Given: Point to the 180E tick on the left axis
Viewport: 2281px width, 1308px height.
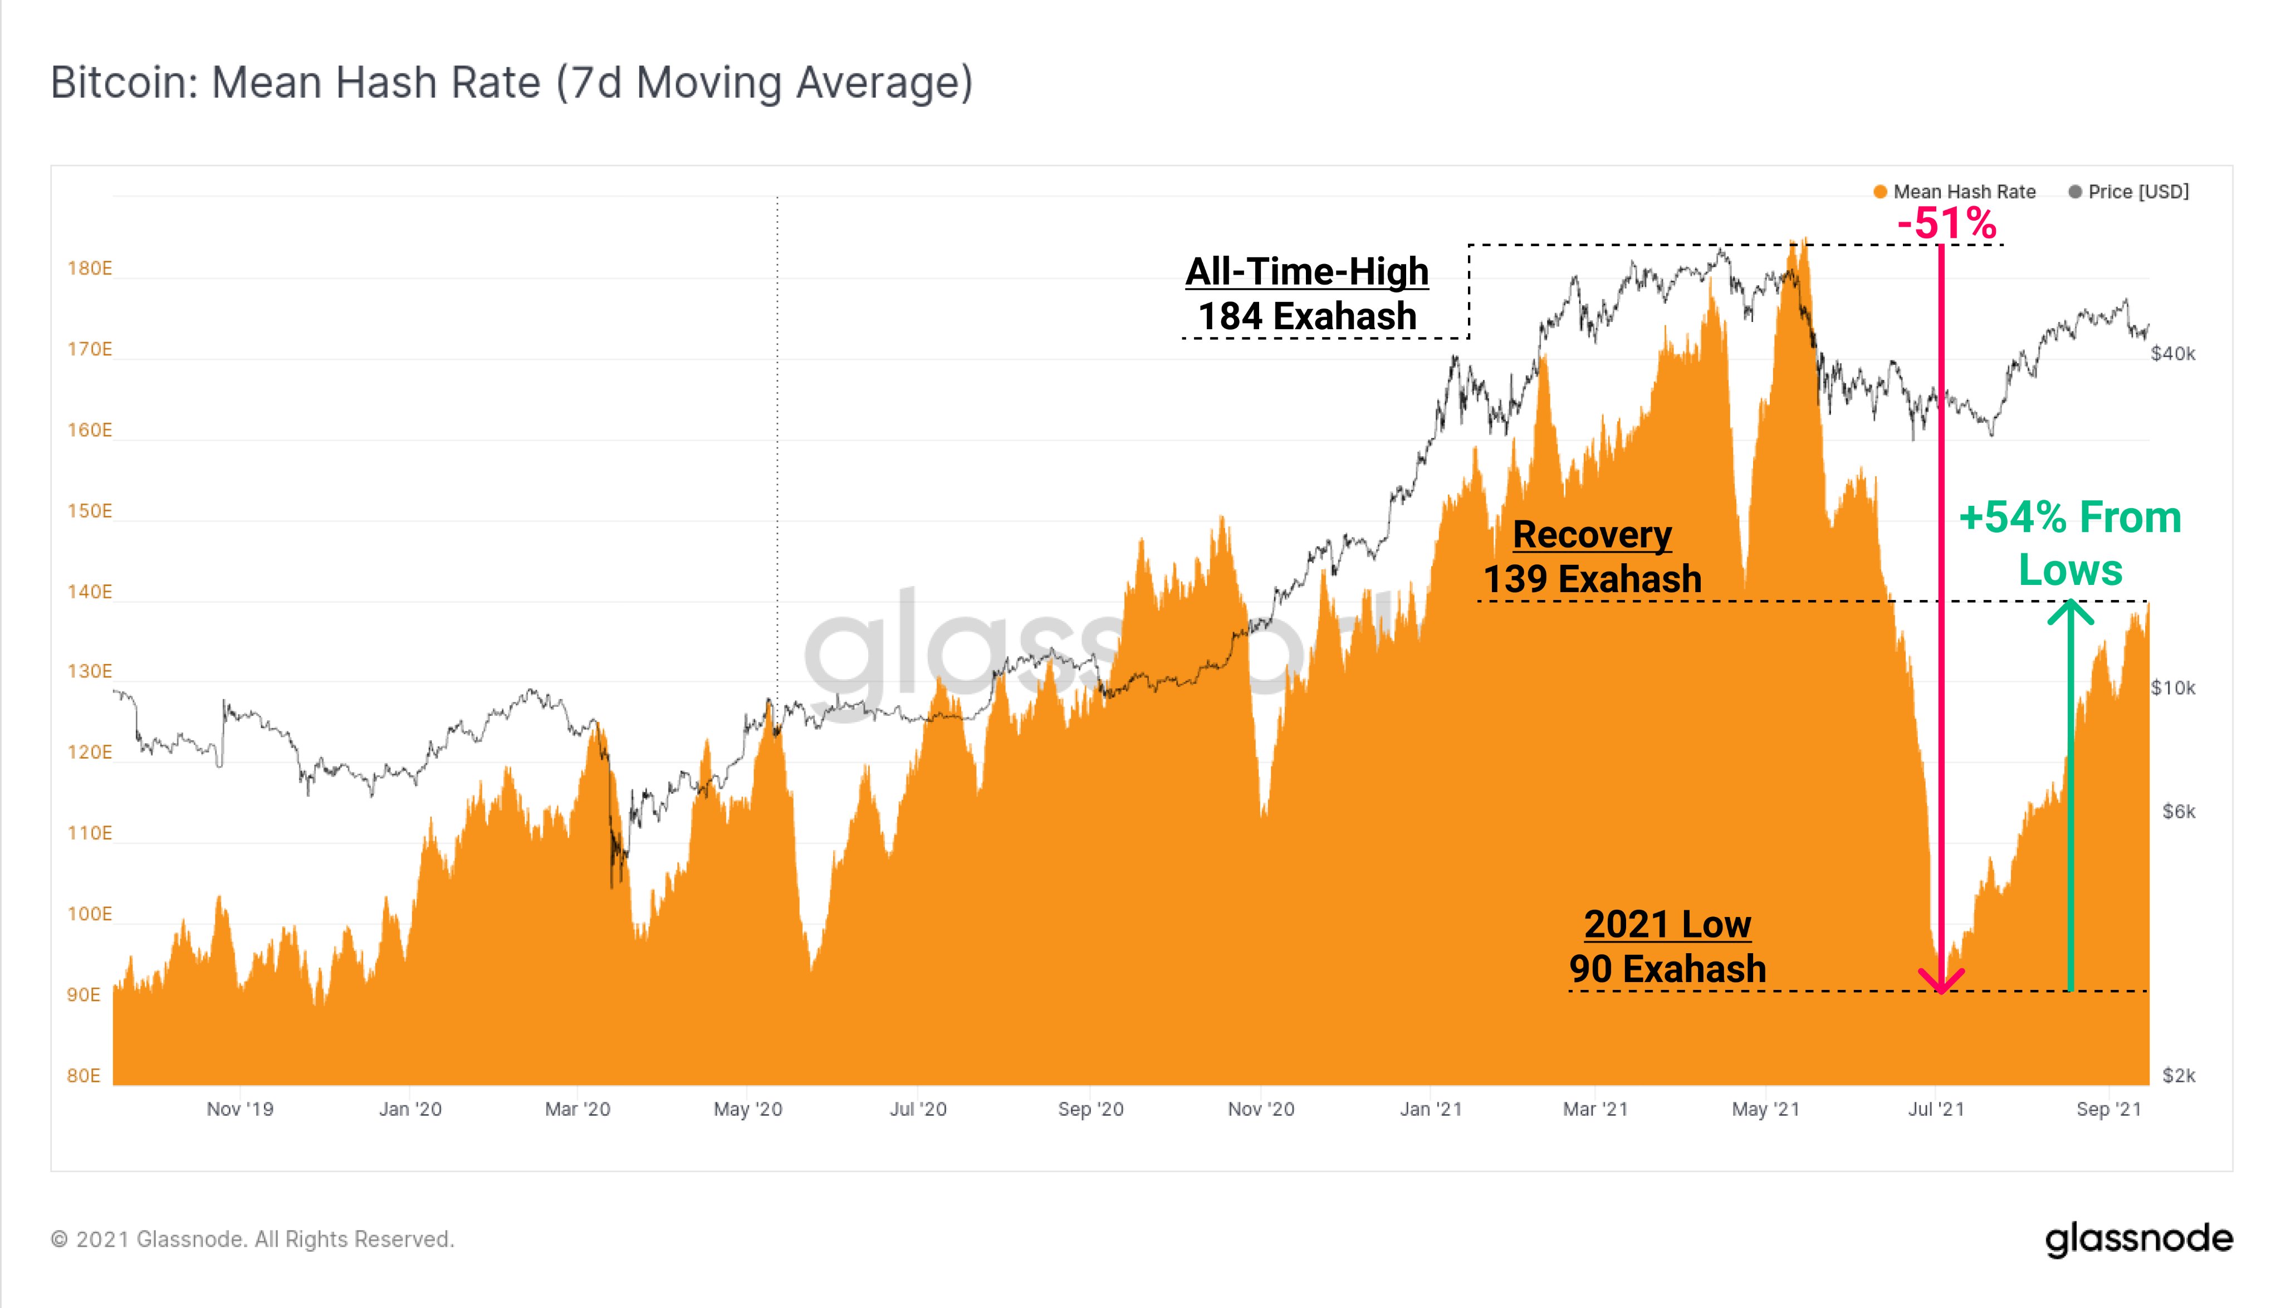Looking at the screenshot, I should tap(89, 269).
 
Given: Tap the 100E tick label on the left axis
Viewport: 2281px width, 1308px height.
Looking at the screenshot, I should tap(89, 914).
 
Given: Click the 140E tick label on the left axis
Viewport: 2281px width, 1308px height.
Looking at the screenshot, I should tap(89, 591).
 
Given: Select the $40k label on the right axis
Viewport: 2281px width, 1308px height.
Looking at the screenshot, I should tap(2172, 353).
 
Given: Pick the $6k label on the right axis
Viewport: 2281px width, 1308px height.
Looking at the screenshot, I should tap(2178, 811).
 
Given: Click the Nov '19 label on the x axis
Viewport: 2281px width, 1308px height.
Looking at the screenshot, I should tap(240, 1109).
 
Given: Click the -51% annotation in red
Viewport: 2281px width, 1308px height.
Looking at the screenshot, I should tap(1946, 223).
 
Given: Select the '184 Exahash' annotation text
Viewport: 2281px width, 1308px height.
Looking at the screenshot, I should tap(1306, 316).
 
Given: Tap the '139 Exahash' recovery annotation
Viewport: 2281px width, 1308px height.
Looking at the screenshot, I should tap(1592, 579).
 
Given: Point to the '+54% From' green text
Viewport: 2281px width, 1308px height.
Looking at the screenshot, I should tap(2070, 518).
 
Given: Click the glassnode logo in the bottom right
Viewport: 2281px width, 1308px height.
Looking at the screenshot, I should tap(2138, 1239).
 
